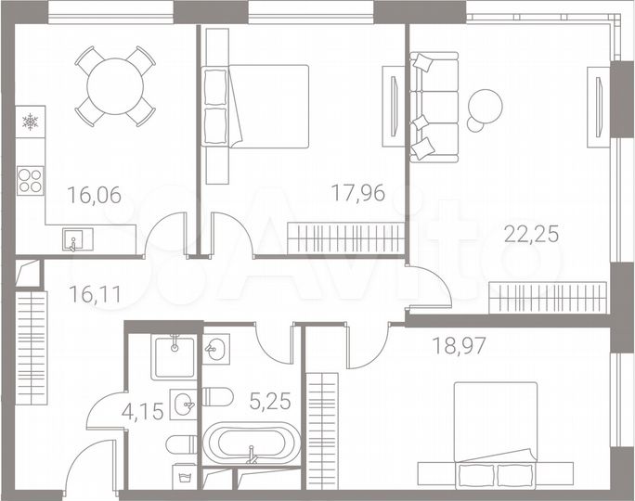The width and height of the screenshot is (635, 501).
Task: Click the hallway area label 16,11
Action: [95, 294]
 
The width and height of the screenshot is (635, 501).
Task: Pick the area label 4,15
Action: [146, 410]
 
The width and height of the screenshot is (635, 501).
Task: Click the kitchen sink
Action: [73, 241]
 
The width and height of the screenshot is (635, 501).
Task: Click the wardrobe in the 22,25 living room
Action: [548, 298]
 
